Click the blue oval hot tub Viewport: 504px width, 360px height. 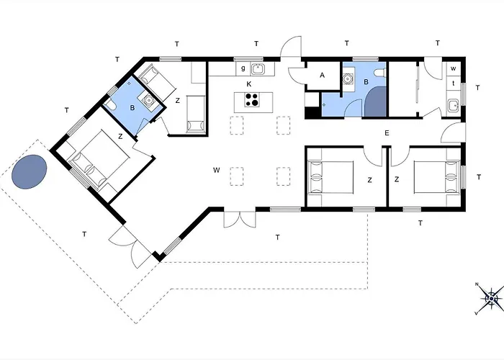tap(30, 171)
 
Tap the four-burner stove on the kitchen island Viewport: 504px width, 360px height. tap(251, 99)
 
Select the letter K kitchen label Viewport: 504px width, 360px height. tap(249, 84)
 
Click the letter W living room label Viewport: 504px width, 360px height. tap(216, 170)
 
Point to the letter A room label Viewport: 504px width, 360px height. tap(322, 75)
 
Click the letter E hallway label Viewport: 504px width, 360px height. tap(387, 132)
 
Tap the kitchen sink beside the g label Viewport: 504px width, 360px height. tap(258, 69)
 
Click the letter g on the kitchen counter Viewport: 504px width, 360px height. tap(243, 68)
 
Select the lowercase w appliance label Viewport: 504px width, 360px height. tap(453, 68)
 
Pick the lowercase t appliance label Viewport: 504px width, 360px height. tap(453, 84)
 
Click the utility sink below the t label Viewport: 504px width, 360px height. tap(454, 106)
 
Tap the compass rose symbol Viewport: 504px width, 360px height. tap(490, 299)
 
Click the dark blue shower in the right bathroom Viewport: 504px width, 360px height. tap(376, 102)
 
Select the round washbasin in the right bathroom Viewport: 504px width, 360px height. tap(348, 78)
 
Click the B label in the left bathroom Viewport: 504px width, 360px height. tap(132, 108)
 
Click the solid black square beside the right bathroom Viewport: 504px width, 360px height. tap(311, 112)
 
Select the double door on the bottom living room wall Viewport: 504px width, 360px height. tap(240, 219)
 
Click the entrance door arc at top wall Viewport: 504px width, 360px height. tap(291, 47)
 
